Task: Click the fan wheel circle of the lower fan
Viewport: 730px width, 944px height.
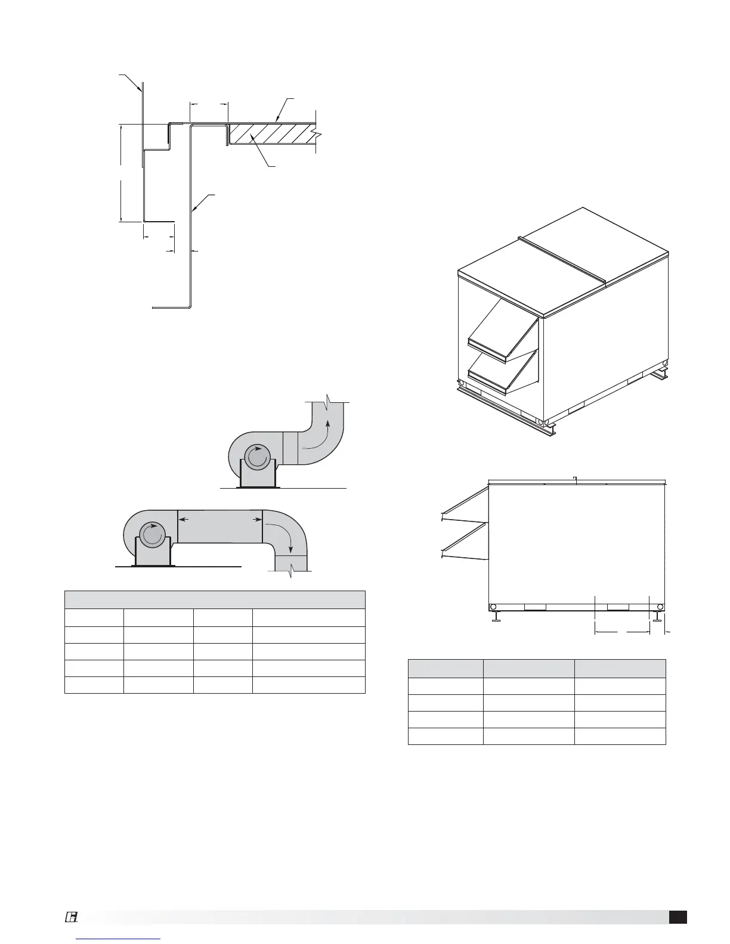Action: click(152, 535)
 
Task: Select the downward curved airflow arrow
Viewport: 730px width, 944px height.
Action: click(280, 532)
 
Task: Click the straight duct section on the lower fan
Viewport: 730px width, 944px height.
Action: click(220, 527)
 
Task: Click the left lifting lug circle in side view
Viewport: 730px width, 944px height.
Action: click(494, 607)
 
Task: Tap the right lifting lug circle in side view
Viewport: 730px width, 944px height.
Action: click(660, 607)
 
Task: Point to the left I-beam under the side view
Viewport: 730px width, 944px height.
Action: click(496, 617)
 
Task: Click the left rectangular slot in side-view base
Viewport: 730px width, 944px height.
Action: click(534, 607)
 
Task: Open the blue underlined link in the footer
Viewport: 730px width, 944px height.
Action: click(119, 939)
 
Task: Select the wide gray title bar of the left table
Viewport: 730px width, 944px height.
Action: click(215, 600)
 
